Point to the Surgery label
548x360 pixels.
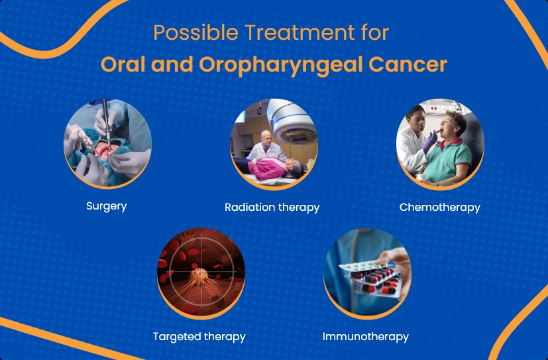click(107, 206)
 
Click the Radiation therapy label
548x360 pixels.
click(272, 208)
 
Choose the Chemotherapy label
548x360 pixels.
click(439, 208)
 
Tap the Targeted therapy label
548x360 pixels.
click(199, 337)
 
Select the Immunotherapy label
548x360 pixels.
click(366, 337)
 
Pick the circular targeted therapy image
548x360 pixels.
click(201, 274)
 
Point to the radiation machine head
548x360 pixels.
click(292, 121)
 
